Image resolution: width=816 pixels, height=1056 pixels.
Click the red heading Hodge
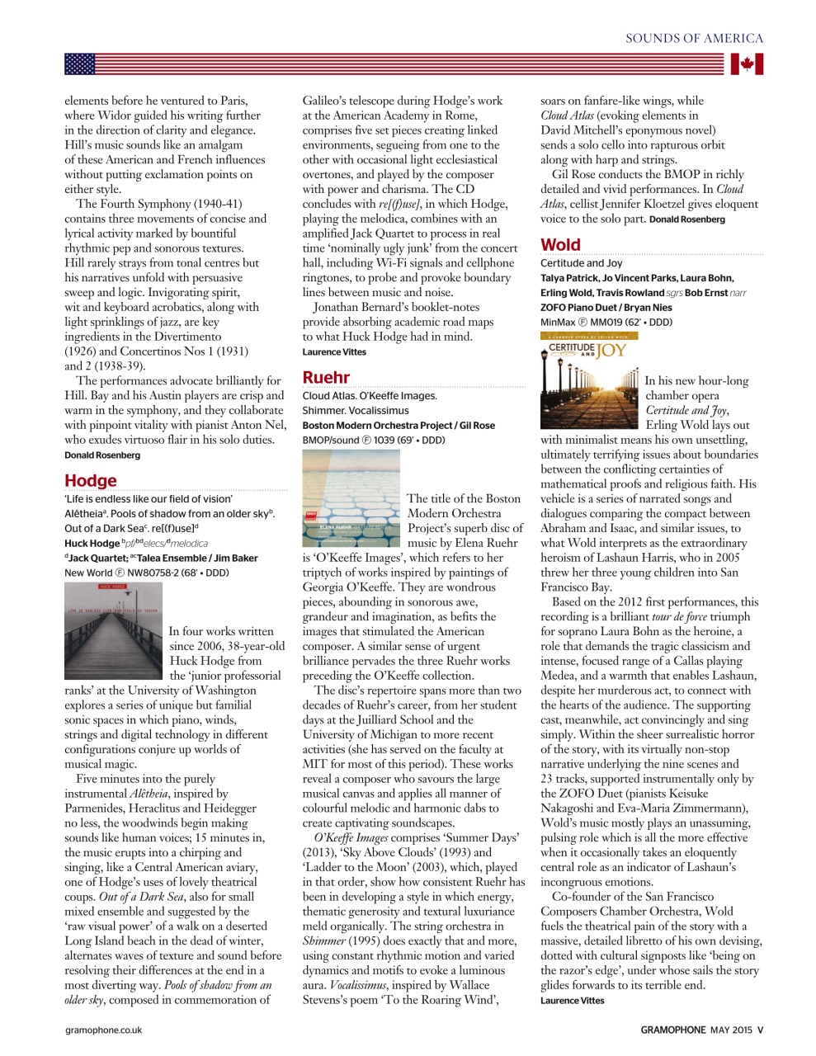[91, 481]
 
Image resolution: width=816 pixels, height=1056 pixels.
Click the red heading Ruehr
[326, 378]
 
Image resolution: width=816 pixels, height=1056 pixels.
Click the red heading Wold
[561, 245]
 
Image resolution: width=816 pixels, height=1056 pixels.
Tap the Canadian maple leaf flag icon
[747, 64]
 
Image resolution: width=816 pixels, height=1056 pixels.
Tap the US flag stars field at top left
[80, 64]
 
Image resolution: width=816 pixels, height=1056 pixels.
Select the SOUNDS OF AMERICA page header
[694, 38]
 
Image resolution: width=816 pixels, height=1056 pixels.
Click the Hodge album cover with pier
[114, 630]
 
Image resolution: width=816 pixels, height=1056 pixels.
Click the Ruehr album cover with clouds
[351, 497]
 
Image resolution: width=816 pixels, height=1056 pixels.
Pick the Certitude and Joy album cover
[589, 379]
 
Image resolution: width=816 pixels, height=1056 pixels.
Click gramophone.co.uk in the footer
[104, 1030]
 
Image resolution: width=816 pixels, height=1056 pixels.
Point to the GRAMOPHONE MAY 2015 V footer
[702, 1030]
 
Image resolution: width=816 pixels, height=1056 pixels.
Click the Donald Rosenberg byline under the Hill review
[102, 455]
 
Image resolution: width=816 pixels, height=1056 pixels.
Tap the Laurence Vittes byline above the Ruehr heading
[334, 352]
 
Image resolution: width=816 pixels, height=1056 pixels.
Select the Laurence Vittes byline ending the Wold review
[572, 1001]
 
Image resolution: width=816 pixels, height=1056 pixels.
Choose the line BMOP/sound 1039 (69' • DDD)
[373, 440]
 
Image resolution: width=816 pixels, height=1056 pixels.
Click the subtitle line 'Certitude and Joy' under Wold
[581, 263]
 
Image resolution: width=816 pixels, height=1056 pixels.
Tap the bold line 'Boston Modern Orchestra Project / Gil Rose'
[399, 425]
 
